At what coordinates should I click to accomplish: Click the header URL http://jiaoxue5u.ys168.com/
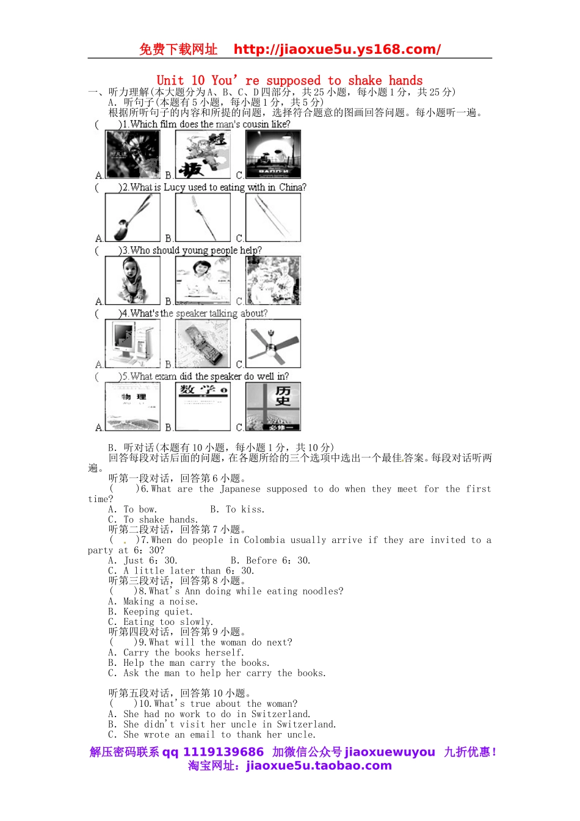click(337, 49)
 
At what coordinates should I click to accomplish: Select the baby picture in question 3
click(132, 280)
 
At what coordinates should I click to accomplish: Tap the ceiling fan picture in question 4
click(273, 343)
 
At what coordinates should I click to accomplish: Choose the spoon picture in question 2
click(132, 217)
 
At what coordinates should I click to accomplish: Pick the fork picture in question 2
click(203, 217)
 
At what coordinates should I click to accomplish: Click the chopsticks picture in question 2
click(273, 217)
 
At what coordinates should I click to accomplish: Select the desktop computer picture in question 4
click(132, 343)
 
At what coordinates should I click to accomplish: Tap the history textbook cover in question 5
click(273, 406)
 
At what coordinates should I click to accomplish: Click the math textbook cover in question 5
click(203, 406)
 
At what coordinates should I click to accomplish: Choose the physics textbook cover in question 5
click(132, 406)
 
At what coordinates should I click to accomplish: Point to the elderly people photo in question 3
click(273, 280)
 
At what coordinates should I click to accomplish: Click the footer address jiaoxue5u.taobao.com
click(319, 766)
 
